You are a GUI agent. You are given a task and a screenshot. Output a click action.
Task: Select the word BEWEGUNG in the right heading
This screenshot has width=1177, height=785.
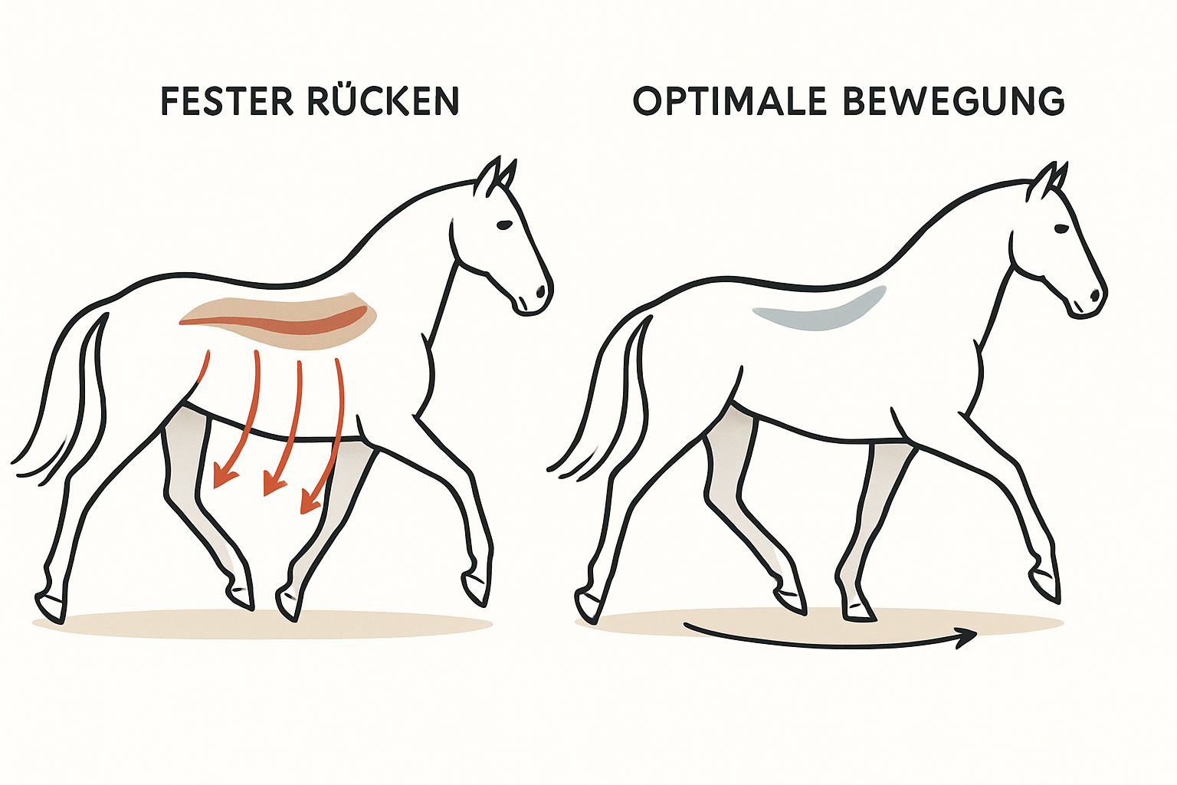pos(954,101)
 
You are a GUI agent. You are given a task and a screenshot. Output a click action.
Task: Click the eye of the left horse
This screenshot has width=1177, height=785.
pos(504,225)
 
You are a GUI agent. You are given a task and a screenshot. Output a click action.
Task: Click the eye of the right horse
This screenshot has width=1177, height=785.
pos(1061,228)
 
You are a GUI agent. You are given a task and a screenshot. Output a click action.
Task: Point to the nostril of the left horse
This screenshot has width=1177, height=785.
pos(541,291)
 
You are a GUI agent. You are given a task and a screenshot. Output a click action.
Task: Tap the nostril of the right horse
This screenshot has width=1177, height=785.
pos(1096,295)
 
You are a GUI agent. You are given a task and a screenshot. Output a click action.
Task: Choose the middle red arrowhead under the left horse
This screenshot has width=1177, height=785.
pos(274,484)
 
